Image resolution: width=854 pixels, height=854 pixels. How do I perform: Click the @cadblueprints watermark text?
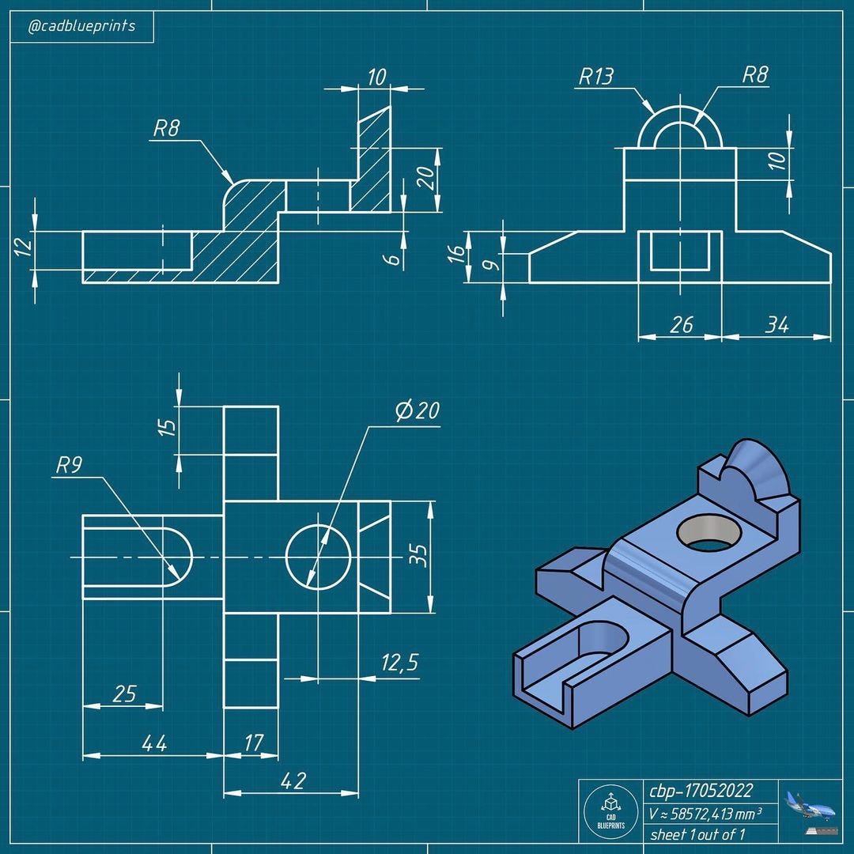(81, 26)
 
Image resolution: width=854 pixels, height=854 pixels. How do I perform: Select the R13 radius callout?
(595, 77)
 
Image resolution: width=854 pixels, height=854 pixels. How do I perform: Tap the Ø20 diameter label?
(418, 410)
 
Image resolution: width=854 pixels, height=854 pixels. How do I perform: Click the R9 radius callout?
(69, 465)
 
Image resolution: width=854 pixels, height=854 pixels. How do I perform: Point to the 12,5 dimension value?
(399, 663)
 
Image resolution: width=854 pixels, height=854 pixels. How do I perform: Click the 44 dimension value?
(153, 743)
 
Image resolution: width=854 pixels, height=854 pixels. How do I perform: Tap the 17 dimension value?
(254, 743)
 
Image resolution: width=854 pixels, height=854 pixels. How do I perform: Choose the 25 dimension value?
(125, 693)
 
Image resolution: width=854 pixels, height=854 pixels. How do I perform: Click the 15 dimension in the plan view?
(167, 427)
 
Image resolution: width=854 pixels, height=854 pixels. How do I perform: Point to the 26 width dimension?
(680, 324)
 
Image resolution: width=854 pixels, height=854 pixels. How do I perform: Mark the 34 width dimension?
(777, 324)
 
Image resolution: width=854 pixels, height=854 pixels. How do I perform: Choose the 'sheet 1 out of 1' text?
(697, 833)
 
